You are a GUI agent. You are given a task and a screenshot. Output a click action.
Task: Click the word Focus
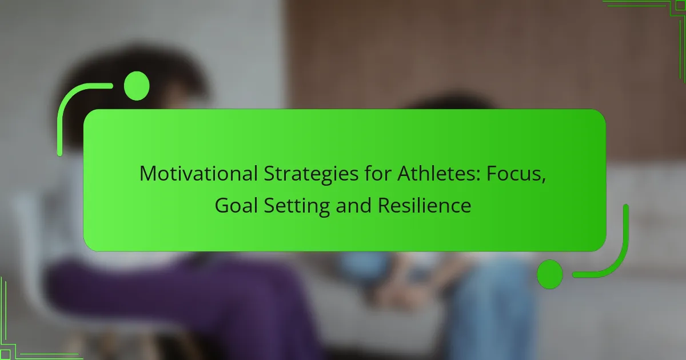click(x=512, y=174)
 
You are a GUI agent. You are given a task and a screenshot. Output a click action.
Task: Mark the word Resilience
click(x=424, y=205)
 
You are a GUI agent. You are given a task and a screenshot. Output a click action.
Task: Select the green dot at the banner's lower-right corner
click(x=549, y=274)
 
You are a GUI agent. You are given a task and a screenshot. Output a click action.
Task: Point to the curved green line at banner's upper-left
click(x=71, y=103)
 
